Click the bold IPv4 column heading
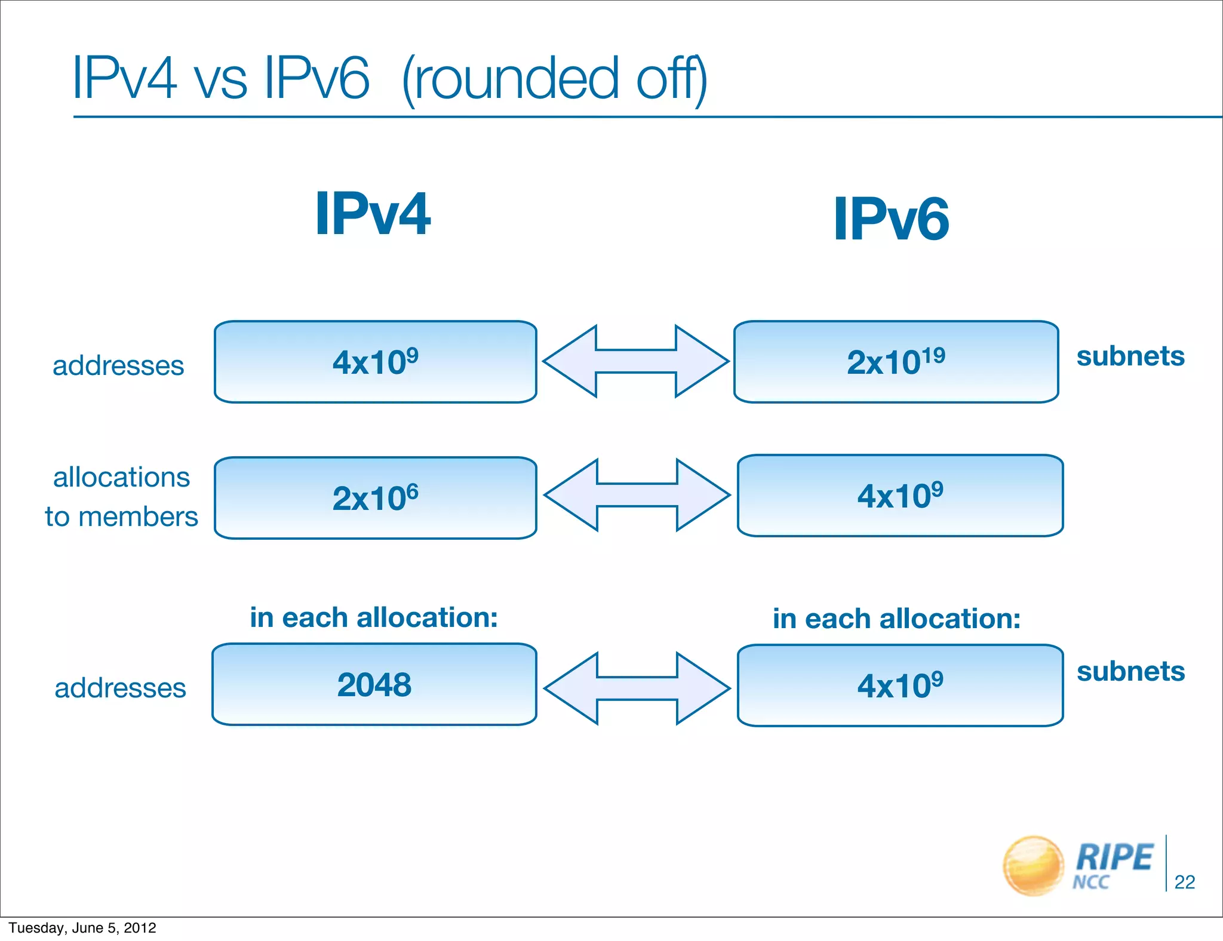(x=373, y=214)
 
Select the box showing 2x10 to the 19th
(x=896, y=362)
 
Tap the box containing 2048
(x=374, y=684)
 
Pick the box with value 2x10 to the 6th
(x=375, y=498)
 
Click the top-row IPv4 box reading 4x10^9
(x=375, y=362)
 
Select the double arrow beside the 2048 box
(x=637, y=688)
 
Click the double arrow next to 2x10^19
(x=635, y=361)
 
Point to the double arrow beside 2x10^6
(x=637, y=495)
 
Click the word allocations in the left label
(x=121, y=478)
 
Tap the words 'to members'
(x=121, y=516)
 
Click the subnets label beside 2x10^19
(x=1130, y=356)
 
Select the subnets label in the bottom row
(x=1130, y=672)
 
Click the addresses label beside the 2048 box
(x=120, y=688)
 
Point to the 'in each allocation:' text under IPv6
(x=896, y=619)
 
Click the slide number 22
(x=1184, y=882)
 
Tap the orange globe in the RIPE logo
(x=1033, y=866)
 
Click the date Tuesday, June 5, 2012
(x=82, y=928)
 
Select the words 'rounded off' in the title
(x=554, y=79)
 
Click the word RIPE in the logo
(x=1114, y=857)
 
